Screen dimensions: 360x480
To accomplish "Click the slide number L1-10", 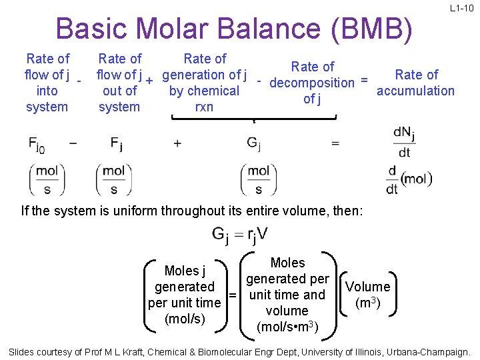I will (461, 9).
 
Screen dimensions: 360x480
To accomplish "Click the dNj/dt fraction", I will (404, 143).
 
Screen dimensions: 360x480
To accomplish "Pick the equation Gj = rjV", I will (241, 235).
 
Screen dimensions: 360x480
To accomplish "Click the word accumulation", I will (415, 91).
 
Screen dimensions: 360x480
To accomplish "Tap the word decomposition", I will (311, 83).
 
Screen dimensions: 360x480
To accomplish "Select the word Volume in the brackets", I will (367, 287).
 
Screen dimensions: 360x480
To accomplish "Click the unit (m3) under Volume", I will (368, 303).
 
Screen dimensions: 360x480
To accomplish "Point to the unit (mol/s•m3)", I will (288, 327).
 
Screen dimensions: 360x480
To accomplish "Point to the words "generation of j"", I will (205, 75).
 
